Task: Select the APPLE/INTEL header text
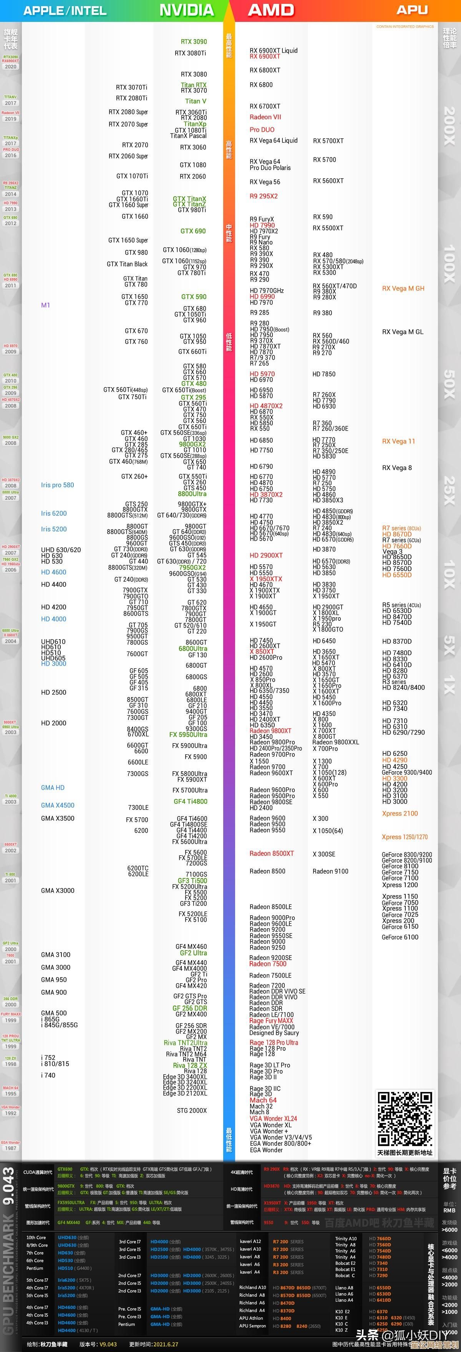point(65,10)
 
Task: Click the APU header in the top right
point(412,10)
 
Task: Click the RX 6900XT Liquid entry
point(274,50)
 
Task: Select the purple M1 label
point(46,305)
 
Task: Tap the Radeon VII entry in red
point(265,117)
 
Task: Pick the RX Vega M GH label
point(403,288)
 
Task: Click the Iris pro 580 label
point(57,485)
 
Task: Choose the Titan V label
point(195,101)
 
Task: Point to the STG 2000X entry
point(192,1110)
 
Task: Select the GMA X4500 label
point(58,805)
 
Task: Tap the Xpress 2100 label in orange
point(400,814)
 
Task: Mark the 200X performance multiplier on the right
point(449,126)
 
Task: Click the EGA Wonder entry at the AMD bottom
point(266,1150)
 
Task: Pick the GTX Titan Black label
point(127,264)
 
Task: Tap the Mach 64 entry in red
point(263,1100)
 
